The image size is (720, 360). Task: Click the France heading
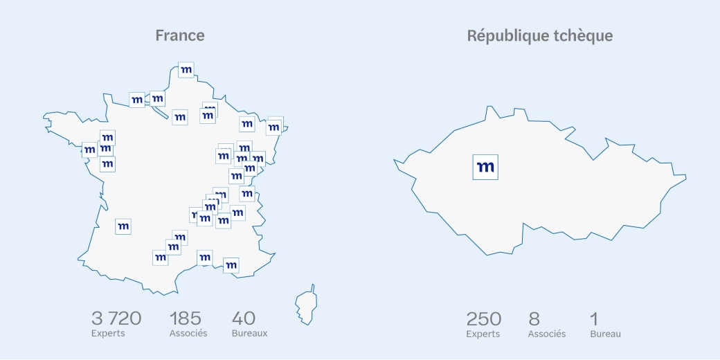(180, 35)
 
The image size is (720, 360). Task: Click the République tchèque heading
(539, 36)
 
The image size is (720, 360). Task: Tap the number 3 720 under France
(116, 318)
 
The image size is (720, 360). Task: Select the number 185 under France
(186, 318)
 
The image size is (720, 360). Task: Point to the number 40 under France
(244, 318)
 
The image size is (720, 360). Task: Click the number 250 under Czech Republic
(483, 319)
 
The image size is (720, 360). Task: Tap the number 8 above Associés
(534, 319)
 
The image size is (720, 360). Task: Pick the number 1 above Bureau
(594, 319)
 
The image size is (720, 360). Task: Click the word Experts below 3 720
(108, 333)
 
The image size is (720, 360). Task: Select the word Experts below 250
(483, 334)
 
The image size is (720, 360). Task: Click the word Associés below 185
(188, 333)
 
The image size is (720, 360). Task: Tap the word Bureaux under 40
(249, 333)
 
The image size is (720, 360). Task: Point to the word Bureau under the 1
(605, 334)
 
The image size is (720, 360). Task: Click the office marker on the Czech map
(485, 167)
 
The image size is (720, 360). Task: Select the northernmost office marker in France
(186, 70)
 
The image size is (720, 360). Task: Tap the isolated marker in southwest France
(123, 226)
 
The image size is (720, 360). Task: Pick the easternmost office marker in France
(274, 127)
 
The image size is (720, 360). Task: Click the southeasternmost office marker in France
(231, 265)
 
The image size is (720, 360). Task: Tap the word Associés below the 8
(547, 334)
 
